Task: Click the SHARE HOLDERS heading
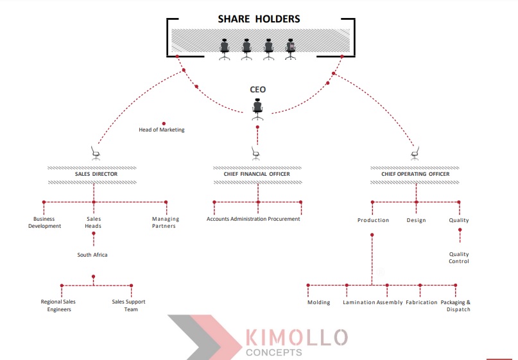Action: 259,19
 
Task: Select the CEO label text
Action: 257,90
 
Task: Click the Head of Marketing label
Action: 162,130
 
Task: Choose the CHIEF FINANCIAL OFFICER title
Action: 257,174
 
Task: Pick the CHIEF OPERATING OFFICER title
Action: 415,174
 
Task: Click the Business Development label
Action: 44,223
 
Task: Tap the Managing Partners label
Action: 165,223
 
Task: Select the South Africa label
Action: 92,255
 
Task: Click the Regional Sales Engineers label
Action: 58,305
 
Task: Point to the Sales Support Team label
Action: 129,305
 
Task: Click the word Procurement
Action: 285,219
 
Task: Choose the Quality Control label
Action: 459,257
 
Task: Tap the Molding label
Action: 319,302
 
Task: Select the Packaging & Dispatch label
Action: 456,305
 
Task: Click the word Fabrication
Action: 422,302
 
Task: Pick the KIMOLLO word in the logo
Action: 297,337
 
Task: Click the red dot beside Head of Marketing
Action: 164,123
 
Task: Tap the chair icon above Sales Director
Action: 96,153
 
